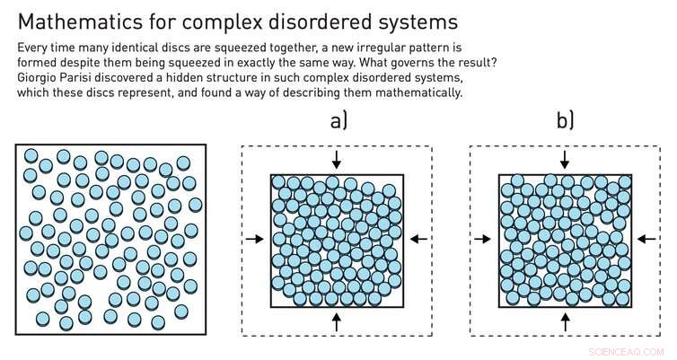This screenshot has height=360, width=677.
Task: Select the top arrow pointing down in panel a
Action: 337,159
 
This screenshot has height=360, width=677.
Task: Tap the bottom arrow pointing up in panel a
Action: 337,320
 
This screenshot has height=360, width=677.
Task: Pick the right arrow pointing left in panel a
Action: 419,239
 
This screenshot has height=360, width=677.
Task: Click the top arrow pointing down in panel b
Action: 565,159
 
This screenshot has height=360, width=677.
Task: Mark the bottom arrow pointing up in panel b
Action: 565,320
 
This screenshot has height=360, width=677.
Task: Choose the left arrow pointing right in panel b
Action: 482,239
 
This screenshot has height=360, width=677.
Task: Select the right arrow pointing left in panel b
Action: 647,239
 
